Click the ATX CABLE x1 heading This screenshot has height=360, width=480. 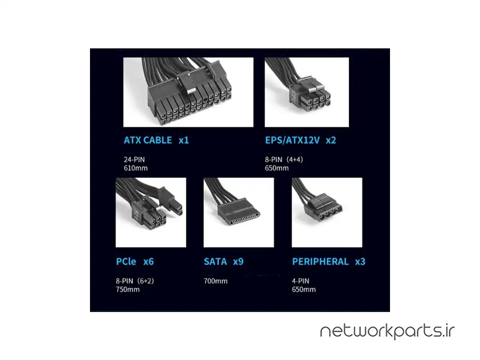click(x=156, y=140)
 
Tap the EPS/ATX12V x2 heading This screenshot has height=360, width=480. click(x=300, y=140)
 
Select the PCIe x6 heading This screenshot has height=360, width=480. click(x=135, y=261)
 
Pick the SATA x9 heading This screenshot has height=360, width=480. click(x=223, y=261)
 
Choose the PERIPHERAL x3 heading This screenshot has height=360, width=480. click(x=328, y=261)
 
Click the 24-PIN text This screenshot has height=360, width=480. click(x=134, y=160)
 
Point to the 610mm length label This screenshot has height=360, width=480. click(x=136, y=168)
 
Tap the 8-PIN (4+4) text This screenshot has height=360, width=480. click(x=284, y=160)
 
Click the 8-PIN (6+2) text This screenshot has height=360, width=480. click(x=135, y=281)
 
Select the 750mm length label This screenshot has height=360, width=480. click(x=128, y=289)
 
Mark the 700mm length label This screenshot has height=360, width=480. click(x=216, y=281)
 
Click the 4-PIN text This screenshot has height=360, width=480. click(x=300, y=281)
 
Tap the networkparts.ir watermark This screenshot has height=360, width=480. click(x=387, y=331)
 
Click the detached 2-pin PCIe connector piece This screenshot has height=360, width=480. click(x=171, y=201)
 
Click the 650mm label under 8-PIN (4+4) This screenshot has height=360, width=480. click(x=277, y=168)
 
